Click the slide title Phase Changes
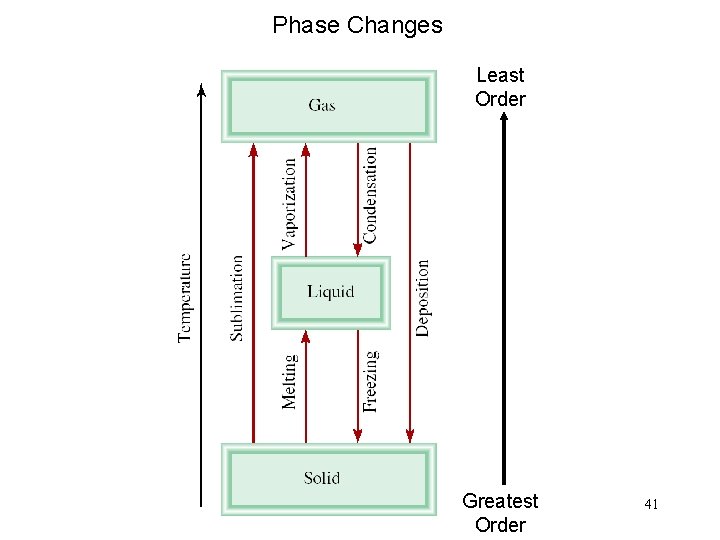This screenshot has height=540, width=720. click(x=357, y=25)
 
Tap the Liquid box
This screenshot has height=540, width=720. click(x=330, y=292)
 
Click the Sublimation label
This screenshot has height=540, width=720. click(x=237, y=298)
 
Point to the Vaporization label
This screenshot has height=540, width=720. click(x=290, y=203)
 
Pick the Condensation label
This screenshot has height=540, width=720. click(x=371, y=195)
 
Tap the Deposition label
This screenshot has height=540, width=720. click(x=423, y=298)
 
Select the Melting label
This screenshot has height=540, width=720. click(x=290, y=381)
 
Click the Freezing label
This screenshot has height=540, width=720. click(x=371, y=381)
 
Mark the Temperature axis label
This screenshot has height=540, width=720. click(x=185, y=297)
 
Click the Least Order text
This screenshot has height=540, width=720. click(x=500, y=87)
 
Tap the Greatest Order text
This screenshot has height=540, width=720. click(x=500, y=513)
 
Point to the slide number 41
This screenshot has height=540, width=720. click(x=651, y=506)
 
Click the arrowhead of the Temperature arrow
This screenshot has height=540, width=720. click(x=202, y=90)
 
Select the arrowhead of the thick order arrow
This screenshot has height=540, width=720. click(x=504, y=117)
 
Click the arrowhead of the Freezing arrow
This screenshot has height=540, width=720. click(x=358, y=435)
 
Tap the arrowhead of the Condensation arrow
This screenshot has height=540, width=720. click(x=358, y=248)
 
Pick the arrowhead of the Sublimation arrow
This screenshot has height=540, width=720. click(x=254, y=150)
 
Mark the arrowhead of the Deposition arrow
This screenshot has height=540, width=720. click(x=410, y=435)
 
